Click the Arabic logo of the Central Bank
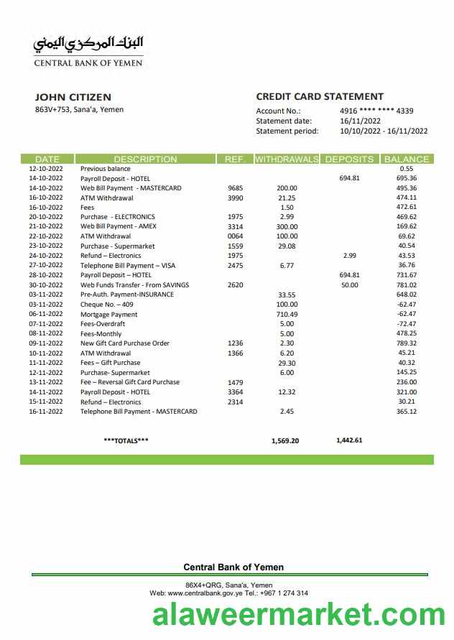[88, 44]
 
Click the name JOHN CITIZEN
[73, 97]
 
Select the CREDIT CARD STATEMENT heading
[320, 96]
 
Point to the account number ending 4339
[376, 111]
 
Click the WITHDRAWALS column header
[287, 159]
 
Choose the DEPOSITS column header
[349, 159]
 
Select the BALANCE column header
[407, 159]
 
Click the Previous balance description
[105, 169]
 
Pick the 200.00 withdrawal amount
[287, 188]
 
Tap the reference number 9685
[235, 188]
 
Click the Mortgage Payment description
[108, 315]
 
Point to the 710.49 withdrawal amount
[287, 315]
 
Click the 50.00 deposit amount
[350, 285]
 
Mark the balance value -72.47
[407, 324]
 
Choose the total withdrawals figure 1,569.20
[285, 441]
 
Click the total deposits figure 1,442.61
[349, 440]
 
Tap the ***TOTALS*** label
[126, 440]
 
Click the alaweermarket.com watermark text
[299, 616]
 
